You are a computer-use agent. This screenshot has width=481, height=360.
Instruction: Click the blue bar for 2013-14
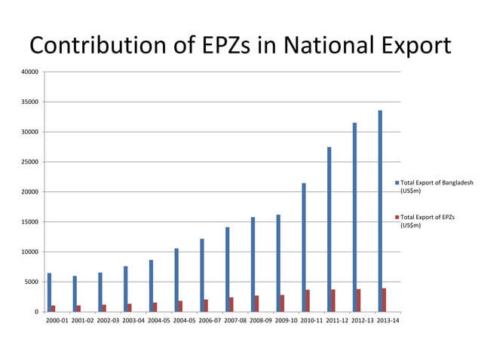381,211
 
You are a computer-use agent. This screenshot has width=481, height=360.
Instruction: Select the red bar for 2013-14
384,300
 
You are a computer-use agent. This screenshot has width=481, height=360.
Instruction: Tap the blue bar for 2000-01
49,292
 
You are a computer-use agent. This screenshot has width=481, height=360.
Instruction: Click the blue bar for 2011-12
329,229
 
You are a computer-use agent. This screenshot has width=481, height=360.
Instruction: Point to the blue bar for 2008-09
253,264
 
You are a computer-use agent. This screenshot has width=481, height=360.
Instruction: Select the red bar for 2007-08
231,304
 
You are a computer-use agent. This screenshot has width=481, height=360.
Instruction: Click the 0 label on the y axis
36,312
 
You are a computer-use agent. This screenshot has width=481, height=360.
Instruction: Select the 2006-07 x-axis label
211,321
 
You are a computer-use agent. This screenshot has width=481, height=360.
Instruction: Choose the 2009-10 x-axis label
287,321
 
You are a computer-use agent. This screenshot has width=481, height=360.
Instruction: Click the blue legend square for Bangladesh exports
397,183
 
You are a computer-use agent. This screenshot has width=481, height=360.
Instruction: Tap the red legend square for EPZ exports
397,218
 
